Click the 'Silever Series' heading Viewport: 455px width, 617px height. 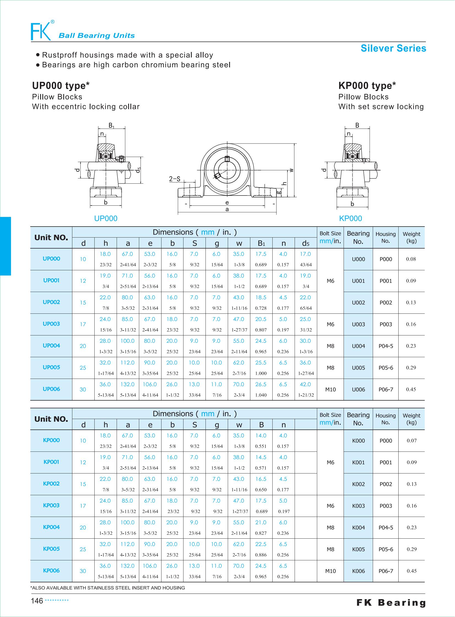click(x=393, y=48)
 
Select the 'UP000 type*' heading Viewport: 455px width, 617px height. click(x=61, y=86)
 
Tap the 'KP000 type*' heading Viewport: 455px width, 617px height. click(x=367, y=86)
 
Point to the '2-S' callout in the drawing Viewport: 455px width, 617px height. click(x=175, y=179)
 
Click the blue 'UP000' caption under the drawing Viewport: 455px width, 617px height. click(x=106, y=218)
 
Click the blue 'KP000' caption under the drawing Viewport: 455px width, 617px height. click(x=350, y=218)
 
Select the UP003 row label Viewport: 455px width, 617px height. click(x=51, y=324)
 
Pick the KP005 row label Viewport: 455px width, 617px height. click(x=51, y=549)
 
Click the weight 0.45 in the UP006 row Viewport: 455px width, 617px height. click(x=411, y=389)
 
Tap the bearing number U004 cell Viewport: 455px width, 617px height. click(x=358, y=346)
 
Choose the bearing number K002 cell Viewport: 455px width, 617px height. click(x=358, y=484)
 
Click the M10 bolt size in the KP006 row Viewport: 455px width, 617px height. click(x=330, y=571)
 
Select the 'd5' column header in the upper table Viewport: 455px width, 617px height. click(x=306, y=243)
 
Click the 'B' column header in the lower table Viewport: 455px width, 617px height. click(x=261, y=425)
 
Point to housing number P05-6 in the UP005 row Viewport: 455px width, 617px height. click(x=386, y=368)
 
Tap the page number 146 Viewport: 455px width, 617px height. click(x=37, y=601)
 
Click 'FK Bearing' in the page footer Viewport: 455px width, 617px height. click(x=391, y=603)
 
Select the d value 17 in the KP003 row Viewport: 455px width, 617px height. click(x=83, y=506)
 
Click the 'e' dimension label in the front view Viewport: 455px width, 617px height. click(x=227, y=203)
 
